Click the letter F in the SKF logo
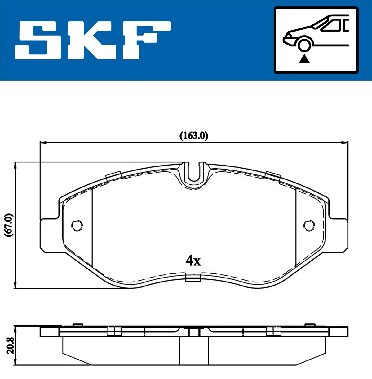(146, 40)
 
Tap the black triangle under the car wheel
(304, 58)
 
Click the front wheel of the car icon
(304, 45)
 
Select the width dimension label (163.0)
(194, 136)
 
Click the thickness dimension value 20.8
(10, 346)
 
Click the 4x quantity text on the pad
(193, 261)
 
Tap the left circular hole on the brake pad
(77, 225)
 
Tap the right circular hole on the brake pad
(309, 225)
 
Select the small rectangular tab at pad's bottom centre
(193, 279)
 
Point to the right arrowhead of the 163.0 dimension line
(344, 143)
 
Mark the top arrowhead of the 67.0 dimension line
(15, 165)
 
